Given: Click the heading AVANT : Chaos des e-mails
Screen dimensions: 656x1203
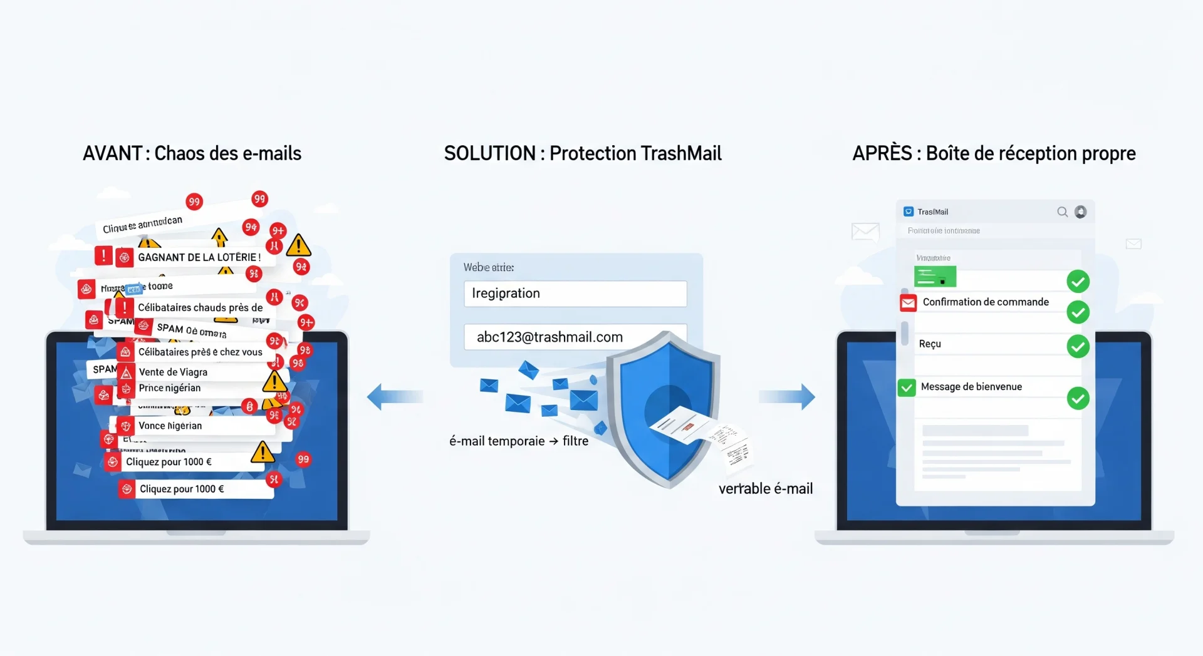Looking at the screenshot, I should [192, 153].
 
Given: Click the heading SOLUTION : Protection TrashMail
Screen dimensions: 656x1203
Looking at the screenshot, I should [583, 153].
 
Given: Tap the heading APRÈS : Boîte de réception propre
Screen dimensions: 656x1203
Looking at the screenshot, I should [994, 153].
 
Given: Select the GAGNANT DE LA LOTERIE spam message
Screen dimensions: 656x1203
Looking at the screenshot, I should [199, 257].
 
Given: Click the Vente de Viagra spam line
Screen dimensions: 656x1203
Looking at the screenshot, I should [173, 372].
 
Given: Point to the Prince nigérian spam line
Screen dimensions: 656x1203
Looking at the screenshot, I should [170, 388].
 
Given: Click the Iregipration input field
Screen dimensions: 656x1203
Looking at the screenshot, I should [575, 294].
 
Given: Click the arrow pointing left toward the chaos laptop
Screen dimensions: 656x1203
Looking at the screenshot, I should [395, 397].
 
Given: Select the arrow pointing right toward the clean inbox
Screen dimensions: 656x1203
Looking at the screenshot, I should [787, 397].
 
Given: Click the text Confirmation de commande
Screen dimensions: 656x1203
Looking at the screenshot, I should [986, 302].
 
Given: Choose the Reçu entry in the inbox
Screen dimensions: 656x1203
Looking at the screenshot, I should [930, 344].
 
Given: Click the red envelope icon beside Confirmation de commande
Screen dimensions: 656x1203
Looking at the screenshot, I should [908, 303].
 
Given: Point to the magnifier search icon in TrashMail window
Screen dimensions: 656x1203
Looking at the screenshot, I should [1062, 212].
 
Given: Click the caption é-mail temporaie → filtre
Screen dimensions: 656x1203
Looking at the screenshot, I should [519, 441].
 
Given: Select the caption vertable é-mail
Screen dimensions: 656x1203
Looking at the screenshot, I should [765, 489].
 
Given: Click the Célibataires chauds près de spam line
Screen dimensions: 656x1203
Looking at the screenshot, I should [200, 308].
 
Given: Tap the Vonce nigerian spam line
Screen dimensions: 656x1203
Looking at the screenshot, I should [170, 426].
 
